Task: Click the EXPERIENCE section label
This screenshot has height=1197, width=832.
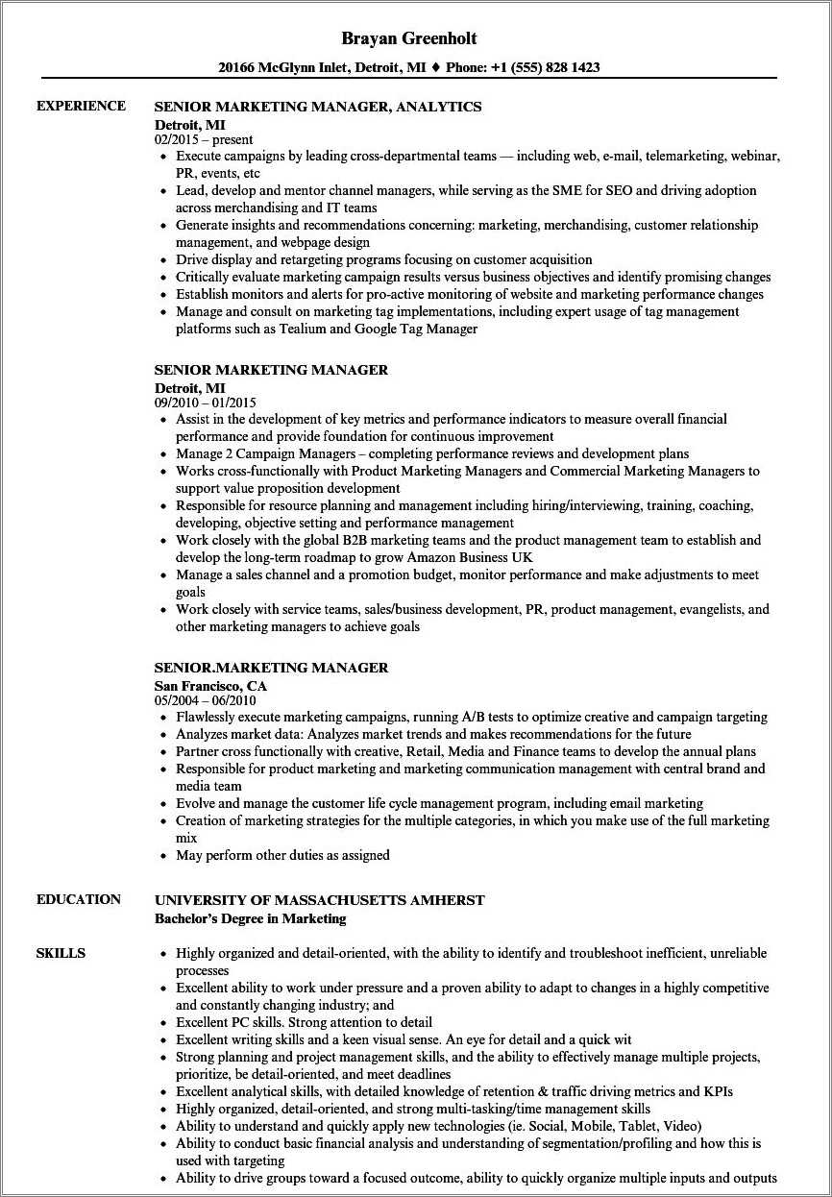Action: pyautogui.click(x=81, y=106)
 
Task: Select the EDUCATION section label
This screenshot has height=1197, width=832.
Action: pyautogui.click(x=79, y=899)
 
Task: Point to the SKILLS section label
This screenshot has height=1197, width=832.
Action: pyautogui.click(x=61, y=953)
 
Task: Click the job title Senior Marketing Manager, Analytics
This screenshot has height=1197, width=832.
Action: pyautogui.click(x=318, y=107)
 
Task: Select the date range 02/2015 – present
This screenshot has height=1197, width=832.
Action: pyautogui.click(x=204, y=139)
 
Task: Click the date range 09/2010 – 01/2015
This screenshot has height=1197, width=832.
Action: pyautogui.click(x=205, y=403)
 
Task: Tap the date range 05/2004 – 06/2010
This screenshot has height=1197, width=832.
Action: pyautogui.click(x=205, y=700)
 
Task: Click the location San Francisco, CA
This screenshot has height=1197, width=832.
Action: pyautogui.click(x=210, y=685)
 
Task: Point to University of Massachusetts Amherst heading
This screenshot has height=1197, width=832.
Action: pyautogui.click(x=319, y=900)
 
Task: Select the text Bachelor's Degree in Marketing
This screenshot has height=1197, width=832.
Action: pyautogui.click(x=250, y=918)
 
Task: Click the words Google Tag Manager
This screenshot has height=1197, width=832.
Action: pyautogui.click(x=417, y=329)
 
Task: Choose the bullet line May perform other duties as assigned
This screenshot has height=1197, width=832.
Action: pyautogui.click(x=282, y=855)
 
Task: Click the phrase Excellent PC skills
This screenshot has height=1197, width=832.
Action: pyautogui.click(x=228, y=1022)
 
